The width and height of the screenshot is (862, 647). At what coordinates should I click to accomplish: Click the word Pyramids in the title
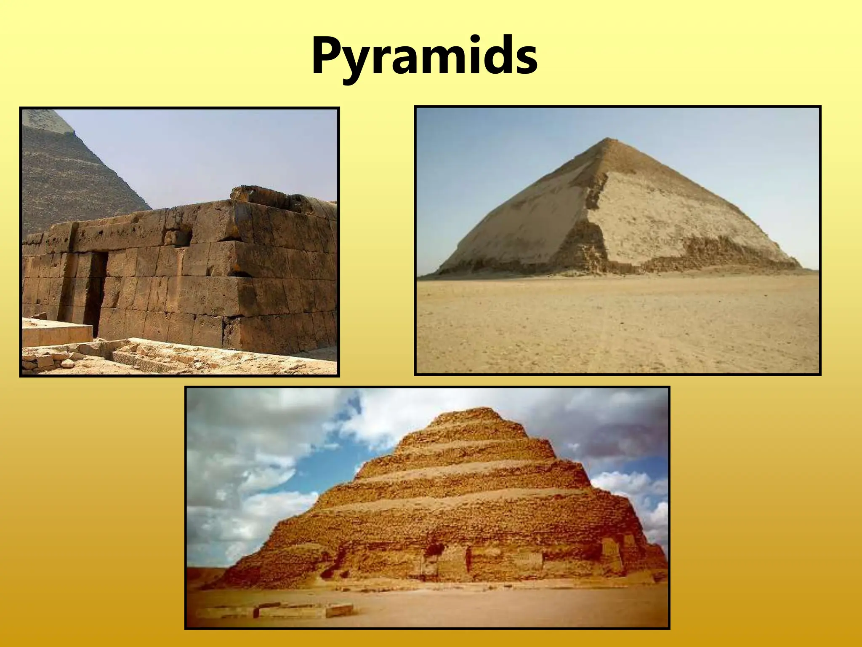tap(424, 56)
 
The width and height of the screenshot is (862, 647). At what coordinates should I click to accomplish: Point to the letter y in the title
tap(361, 63)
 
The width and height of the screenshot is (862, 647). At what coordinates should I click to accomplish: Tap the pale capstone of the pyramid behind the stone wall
tap(50, 120)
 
